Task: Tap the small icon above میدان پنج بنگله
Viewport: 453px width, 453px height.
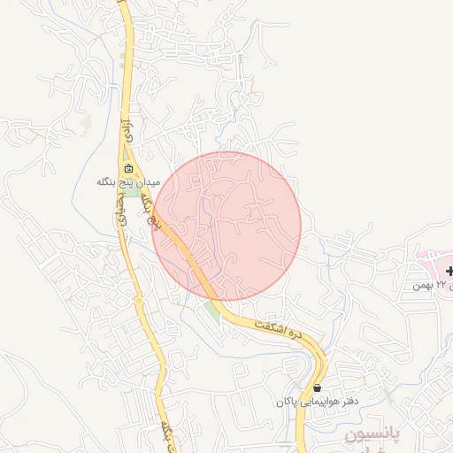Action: (129, 169)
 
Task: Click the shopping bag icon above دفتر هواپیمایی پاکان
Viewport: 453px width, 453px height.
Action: (318, 388)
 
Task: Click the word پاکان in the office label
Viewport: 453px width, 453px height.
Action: (284, 402)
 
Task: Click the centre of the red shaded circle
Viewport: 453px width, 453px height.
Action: (227, 226)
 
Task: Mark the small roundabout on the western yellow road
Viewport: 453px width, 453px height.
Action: (139, 302)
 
